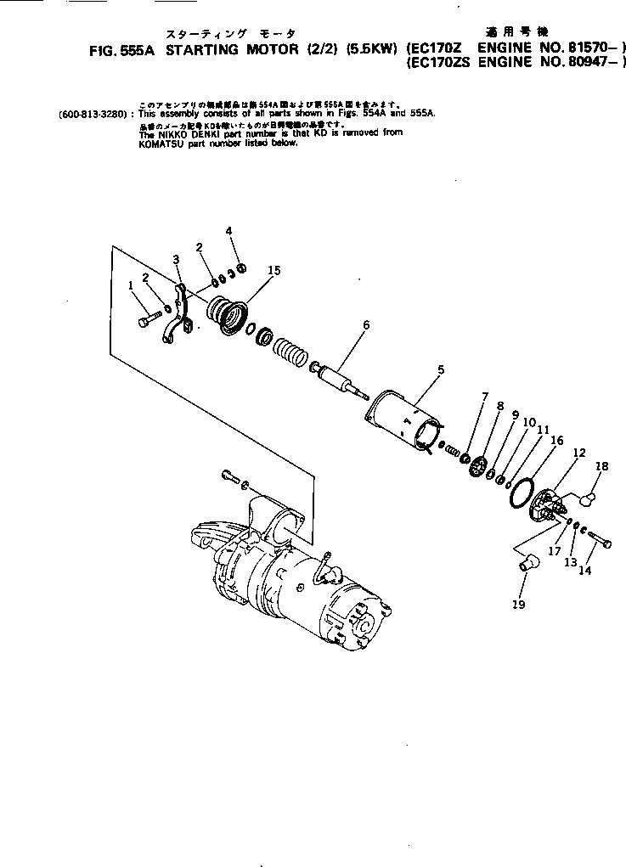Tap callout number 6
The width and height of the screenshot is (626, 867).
tap(366, 325)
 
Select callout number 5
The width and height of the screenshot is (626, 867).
tap(441, 369)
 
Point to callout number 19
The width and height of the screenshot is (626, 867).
tap(518, 605)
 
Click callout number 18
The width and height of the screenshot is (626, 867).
tap(601, 466)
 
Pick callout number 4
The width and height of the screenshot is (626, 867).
tap(228, 231)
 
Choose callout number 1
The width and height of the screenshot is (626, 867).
tap(131, 286)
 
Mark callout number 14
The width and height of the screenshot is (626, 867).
tap(584, 571)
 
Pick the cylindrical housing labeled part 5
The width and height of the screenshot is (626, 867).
tap(404, 417)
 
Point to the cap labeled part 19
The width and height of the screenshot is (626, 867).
tap(528, 562)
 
